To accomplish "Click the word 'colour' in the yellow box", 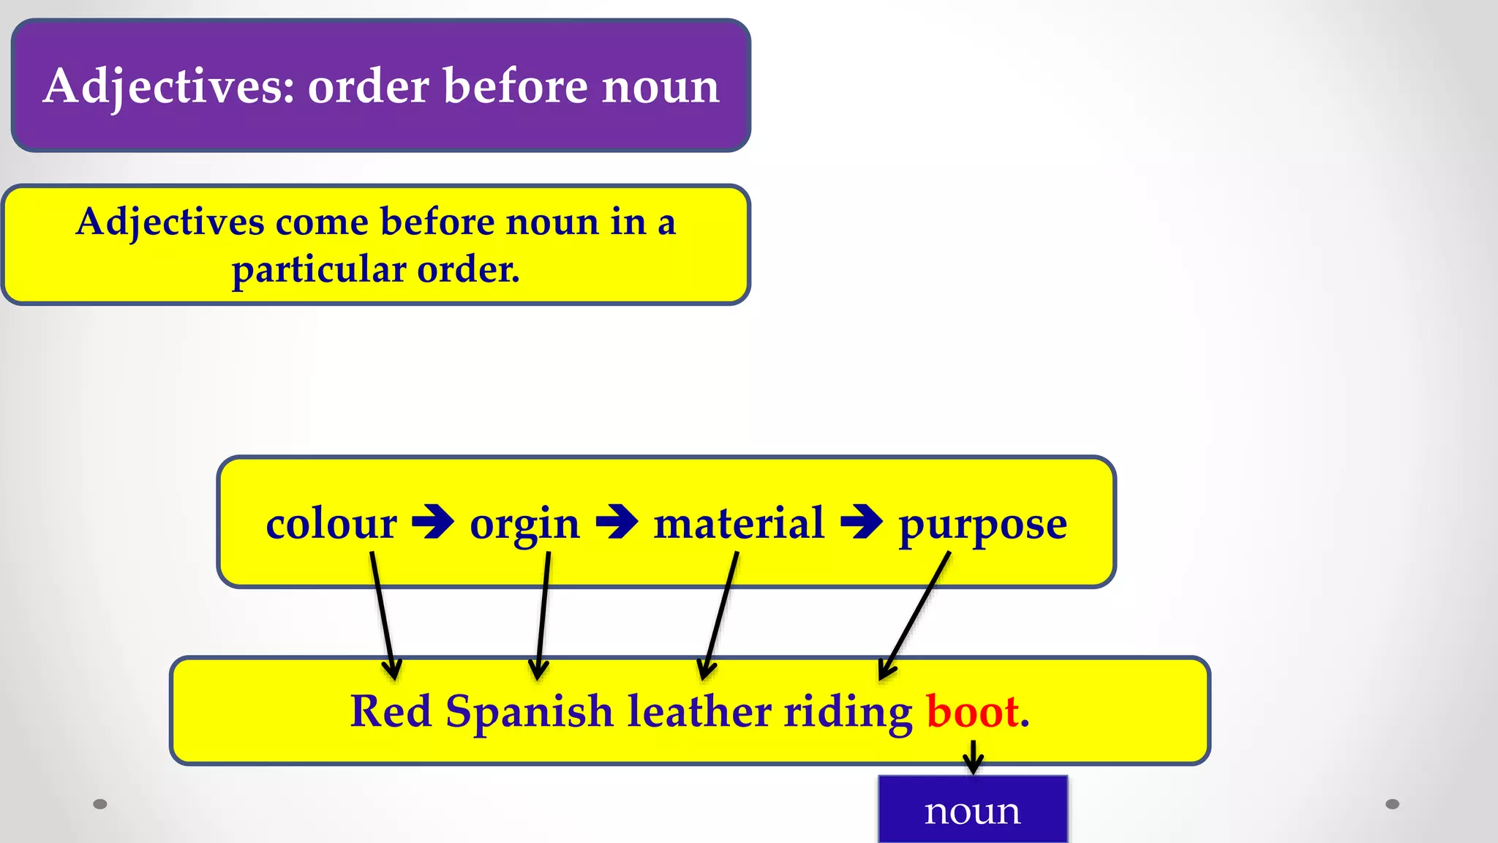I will coord(331,524).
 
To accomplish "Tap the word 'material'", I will coord(739,524).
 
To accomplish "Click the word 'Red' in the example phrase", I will coord(391,711).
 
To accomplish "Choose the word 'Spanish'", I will coord(529,712).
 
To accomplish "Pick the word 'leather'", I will coord(699,711).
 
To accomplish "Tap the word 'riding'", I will coord(848,712).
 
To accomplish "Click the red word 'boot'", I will coord(973,711).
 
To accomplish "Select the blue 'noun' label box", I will coord(973,810).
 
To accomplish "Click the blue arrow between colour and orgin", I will coord(433,522).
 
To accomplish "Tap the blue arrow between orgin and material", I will coord(617,522).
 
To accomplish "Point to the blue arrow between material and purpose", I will coord(862,522).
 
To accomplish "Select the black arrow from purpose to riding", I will coord(915,615).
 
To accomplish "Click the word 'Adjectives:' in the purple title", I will coord(169,87).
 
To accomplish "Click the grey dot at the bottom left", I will coord(100,804).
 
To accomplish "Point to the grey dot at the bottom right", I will coord(1393,804).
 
